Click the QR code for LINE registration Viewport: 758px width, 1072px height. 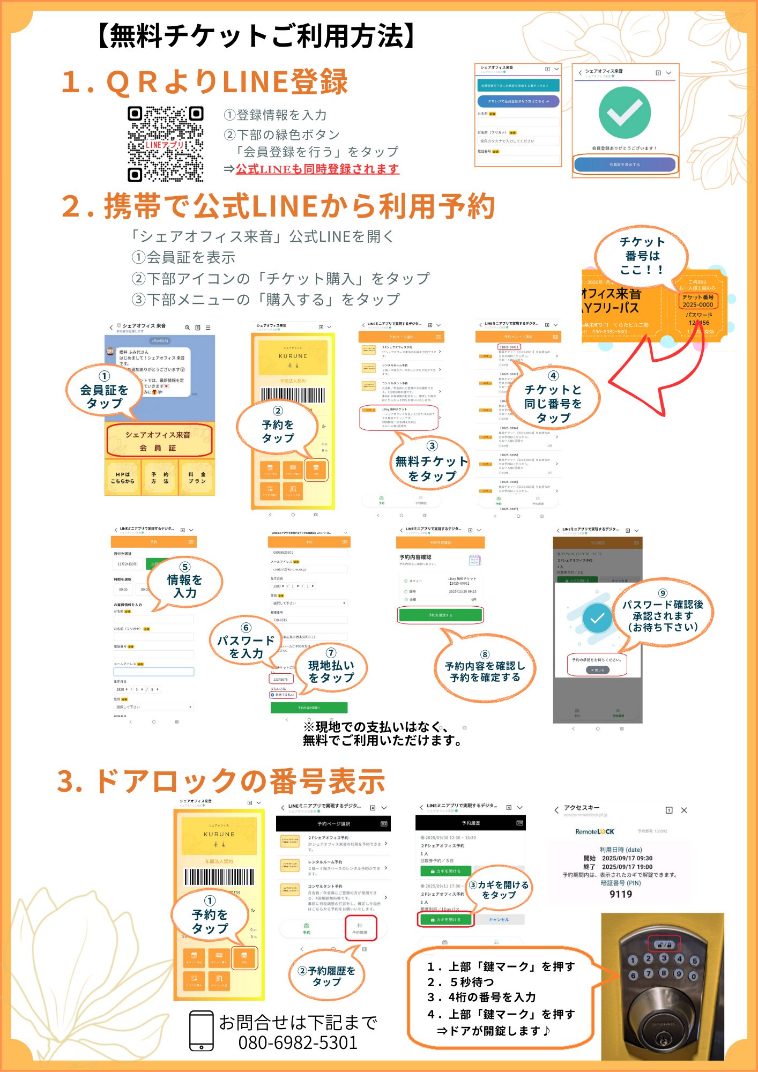click(x=165, y=144)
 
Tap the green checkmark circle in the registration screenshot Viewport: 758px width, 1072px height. click(x=625, y=113)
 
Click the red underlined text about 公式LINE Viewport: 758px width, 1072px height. click(x=317, y=169)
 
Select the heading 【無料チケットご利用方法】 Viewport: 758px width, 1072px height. click(x=256, y=36)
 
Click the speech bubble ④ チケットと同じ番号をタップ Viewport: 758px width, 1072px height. click(x=553, y=397)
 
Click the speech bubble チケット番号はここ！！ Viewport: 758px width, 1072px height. click(x=642, y=256)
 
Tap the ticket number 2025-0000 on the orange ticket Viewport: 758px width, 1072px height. click(x=697, y=304)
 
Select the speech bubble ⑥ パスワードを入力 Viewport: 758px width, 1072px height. click(x=246, y=641)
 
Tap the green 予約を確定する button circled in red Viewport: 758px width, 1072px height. click(x=440, y=615)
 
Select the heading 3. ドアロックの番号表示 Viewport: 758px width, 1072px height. click(x=221, y=781)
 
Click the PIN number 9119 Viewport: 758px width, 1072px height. click(x=620, y=894)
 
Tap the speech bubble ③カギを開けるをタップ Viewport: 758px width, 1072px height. click(x=499, y=890)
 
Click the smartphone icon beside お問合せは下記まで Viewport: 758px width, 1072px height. click(x=202, y=1030)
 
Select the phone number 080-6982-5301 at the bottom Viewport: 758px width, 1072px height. click(x=298, y=1043)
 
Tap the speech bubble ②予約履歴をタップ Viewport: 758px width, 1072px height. click(x=326, y=976)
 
